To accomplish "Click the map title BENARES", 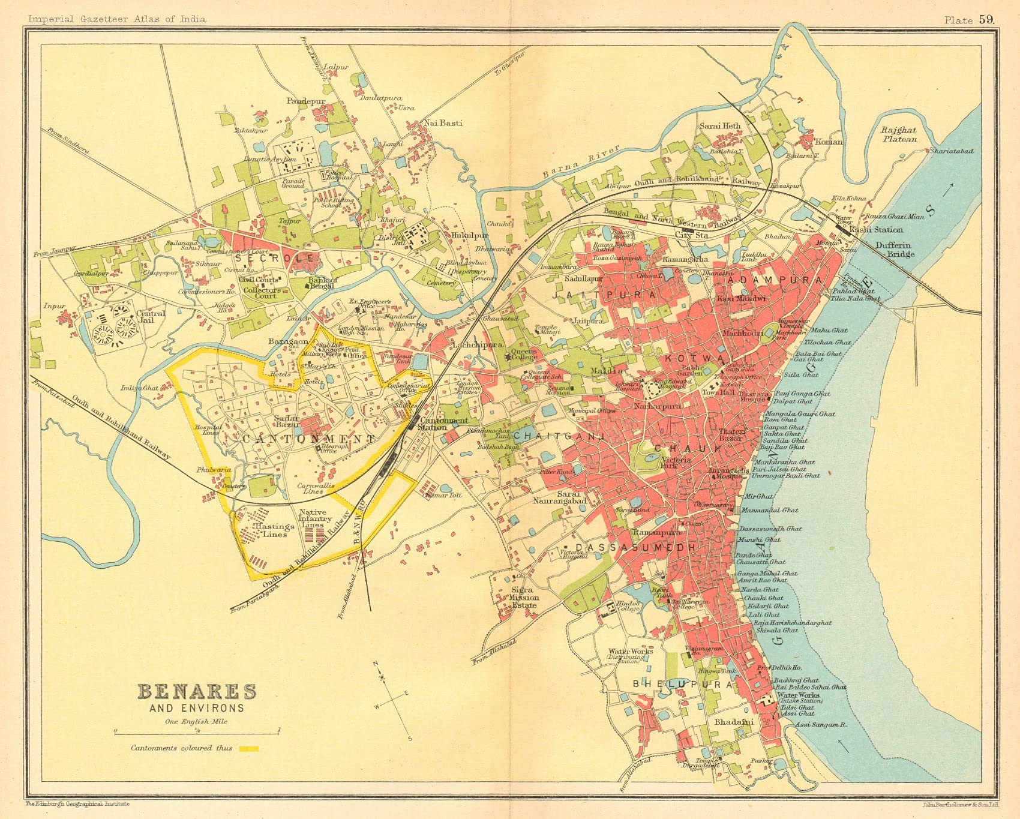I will (197, 692).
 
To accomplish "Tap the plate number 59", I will (986, 19).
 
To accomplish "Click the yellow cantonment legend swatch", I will (248, 748).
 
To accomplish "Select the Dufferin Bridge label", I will (895, 250).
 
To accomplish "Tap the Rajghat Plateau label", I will (899, 134).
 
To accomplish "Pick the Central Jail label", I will (151, 317).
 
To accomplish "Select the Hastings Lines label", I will (275, 530).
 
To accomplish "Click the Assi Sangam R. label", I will (820, 725).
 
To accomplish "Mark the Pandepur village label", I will (305, 101).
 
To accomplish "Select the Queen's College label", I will (524, 354).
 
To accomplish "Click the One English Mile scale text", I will (196, 722).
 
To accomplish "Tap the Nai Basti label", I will (443, 123).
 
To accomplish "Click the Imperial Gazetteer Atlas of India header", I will (117, 19).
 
